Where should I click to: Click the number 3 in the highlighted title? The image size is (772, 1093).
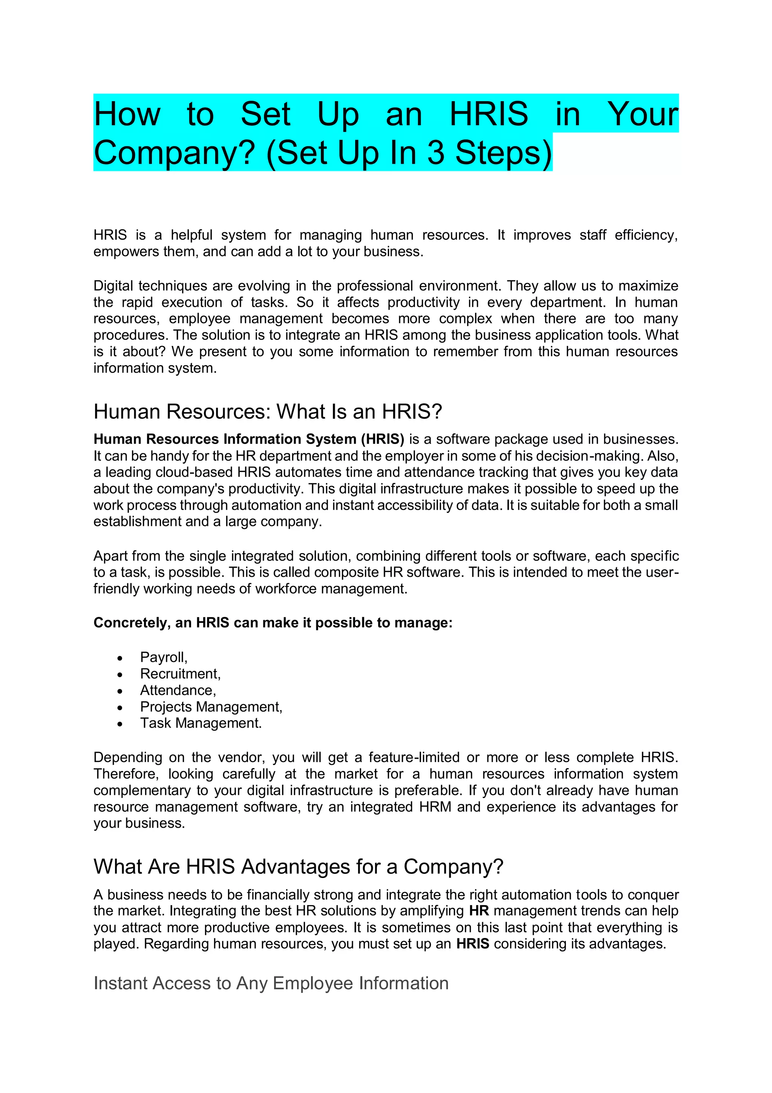(x=436, y=153)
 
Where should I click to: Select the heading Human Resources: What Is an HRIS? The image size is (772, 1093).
(x=268, y=412)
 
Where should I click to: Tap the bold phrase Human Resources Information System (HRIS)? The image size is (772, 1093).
(x=249, y=439)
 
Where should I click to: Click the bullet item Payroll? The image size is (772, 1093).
(x=163, y=657)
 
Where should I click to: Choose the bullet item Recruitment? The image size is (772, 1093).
(x=180, y=673)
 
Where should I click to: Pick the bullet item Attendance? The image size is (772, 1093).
(x=178, y=690)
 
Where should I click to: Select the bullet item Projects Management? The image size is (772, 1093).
(x=211, y=707)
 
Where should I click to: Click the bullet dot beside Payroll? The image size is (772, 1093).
(x=120, y=659)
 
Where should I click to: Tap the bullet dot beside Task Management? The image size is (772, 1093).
(x=120, y=724)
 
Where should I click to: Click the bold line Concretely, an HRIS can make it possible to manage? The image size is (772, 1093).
(x=273, y=623)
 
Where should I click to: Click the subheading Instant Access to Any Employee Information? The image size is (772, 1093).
(x=271, y=983)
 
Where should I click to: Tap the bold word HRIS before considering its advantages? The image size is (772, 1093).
(x=472, y=944)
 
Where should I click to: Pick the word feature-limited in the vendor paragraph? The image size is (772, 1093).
(x=414, y=757)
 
